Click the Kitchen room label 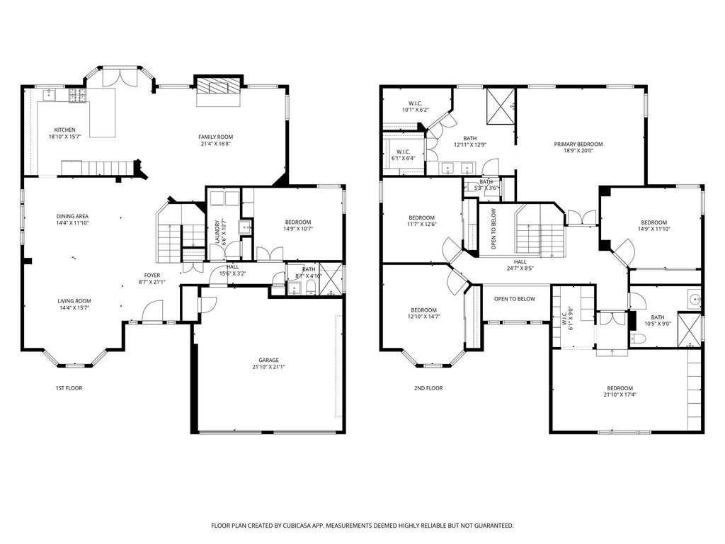click(x=64, y=130)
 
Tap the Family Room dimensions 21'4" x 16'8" click(x=215, y=144)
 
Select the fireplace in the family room click(x=218, y=86)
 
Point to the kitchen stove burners click(x=78, y=95)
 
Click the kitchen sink click(x=49, y=95)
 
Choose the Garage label click(x=268, y=361)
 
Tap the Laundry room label click(x=218, y=232)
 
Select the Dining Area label click(x=73, y=217)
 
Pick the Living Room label click(x=74, y=301)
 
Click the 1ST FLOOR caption click(x=69, y=388)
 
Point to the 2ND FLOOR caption click(x=428, y=388)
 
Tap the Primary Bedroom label click(x=578, y=144)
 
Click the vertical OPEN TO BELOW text click(x=493, y=229)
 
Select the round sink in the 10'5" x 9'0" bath click(x=694, y=300)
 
